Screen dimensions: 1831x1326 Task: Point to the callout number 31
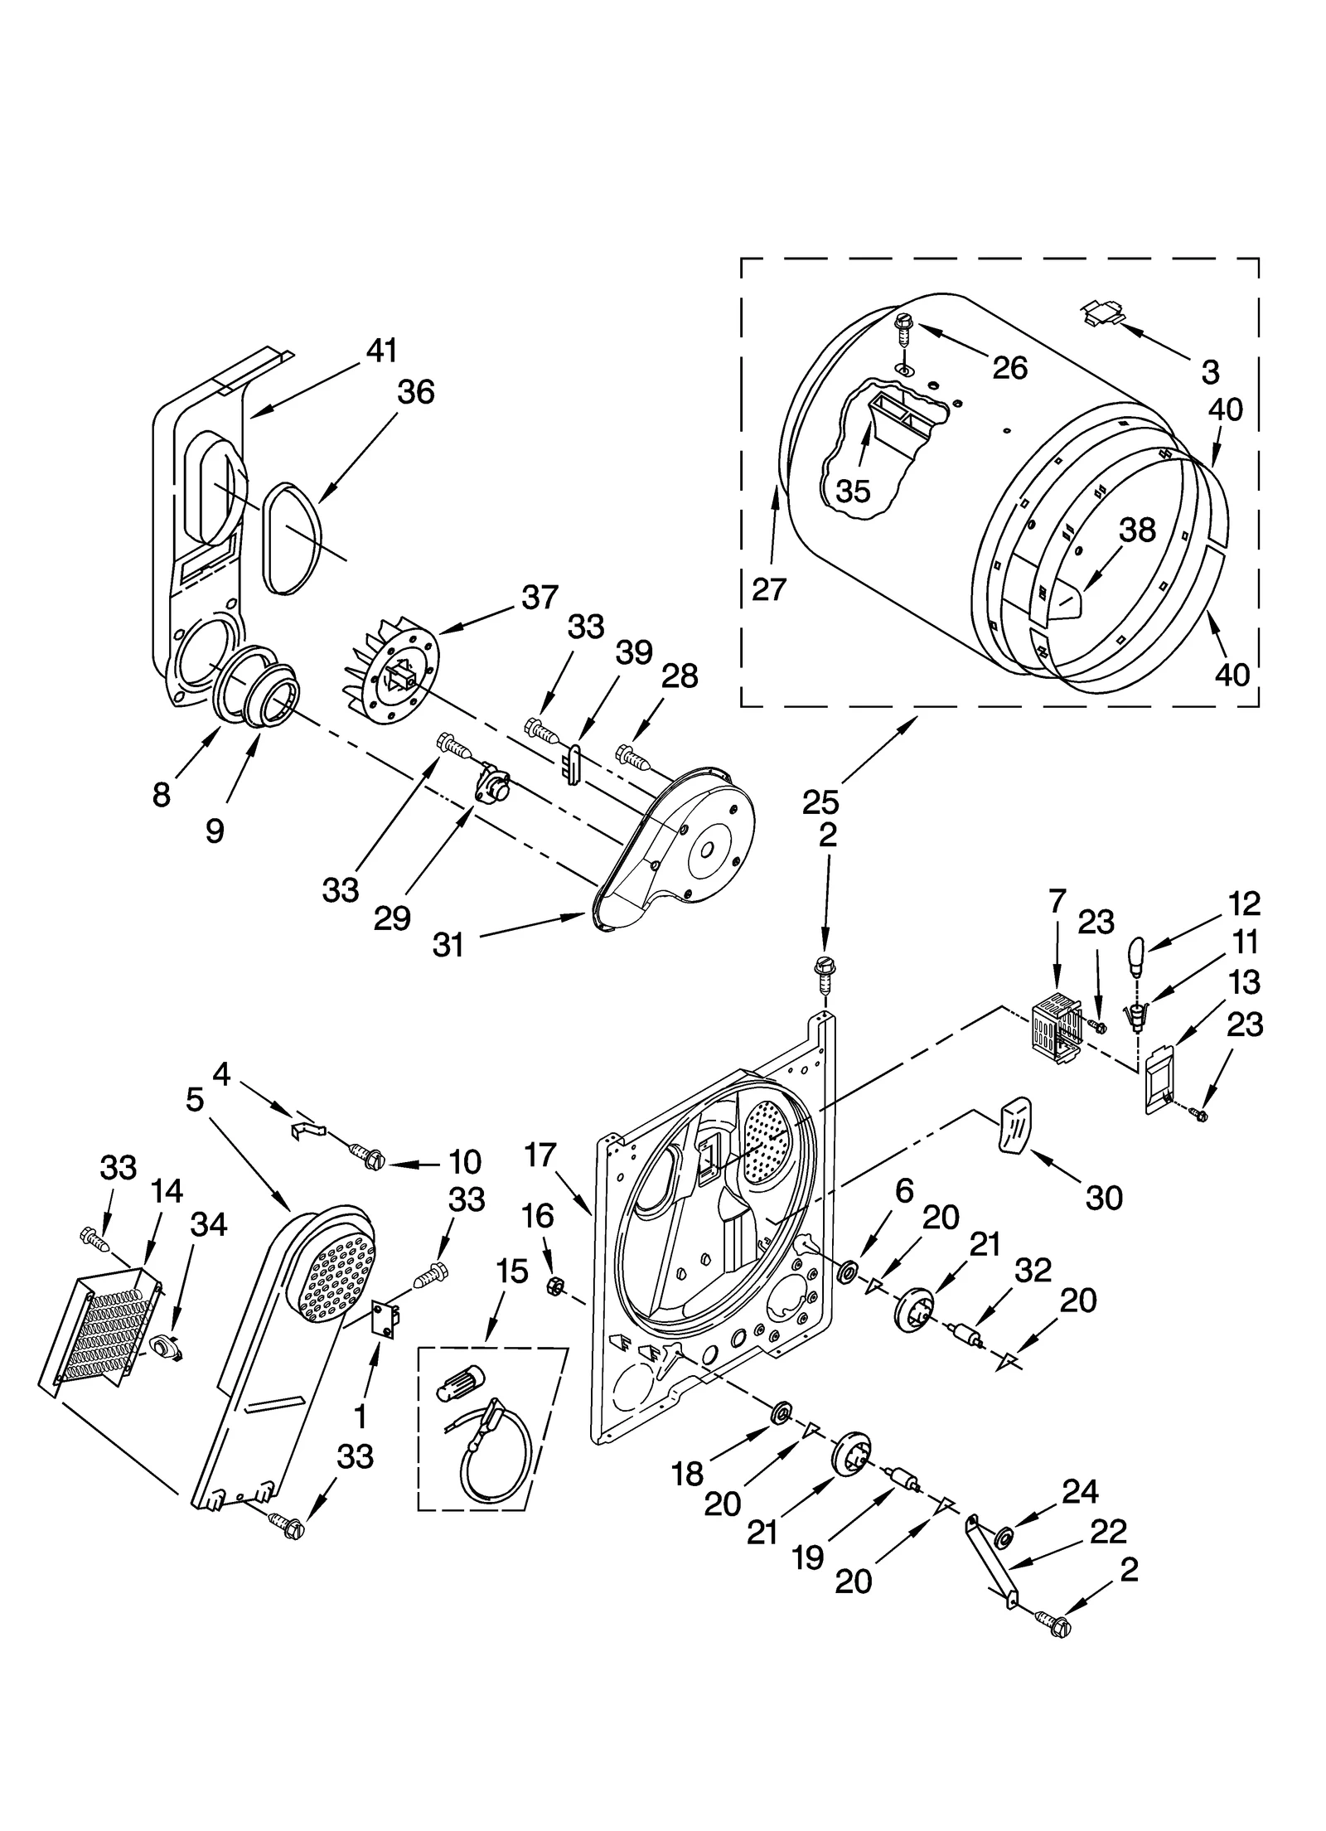point(448,945)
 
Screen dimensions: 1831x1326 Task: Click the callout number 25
point(820,802)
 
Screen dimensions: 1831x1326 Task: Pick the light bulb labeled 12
point(1137,957)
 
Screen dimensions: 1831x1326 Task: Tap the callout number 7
point(1057,903)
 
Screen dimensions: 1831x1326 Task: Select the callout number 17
point(540,1154)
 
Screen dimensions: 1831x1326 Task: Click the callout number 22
point(1108,1532)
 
